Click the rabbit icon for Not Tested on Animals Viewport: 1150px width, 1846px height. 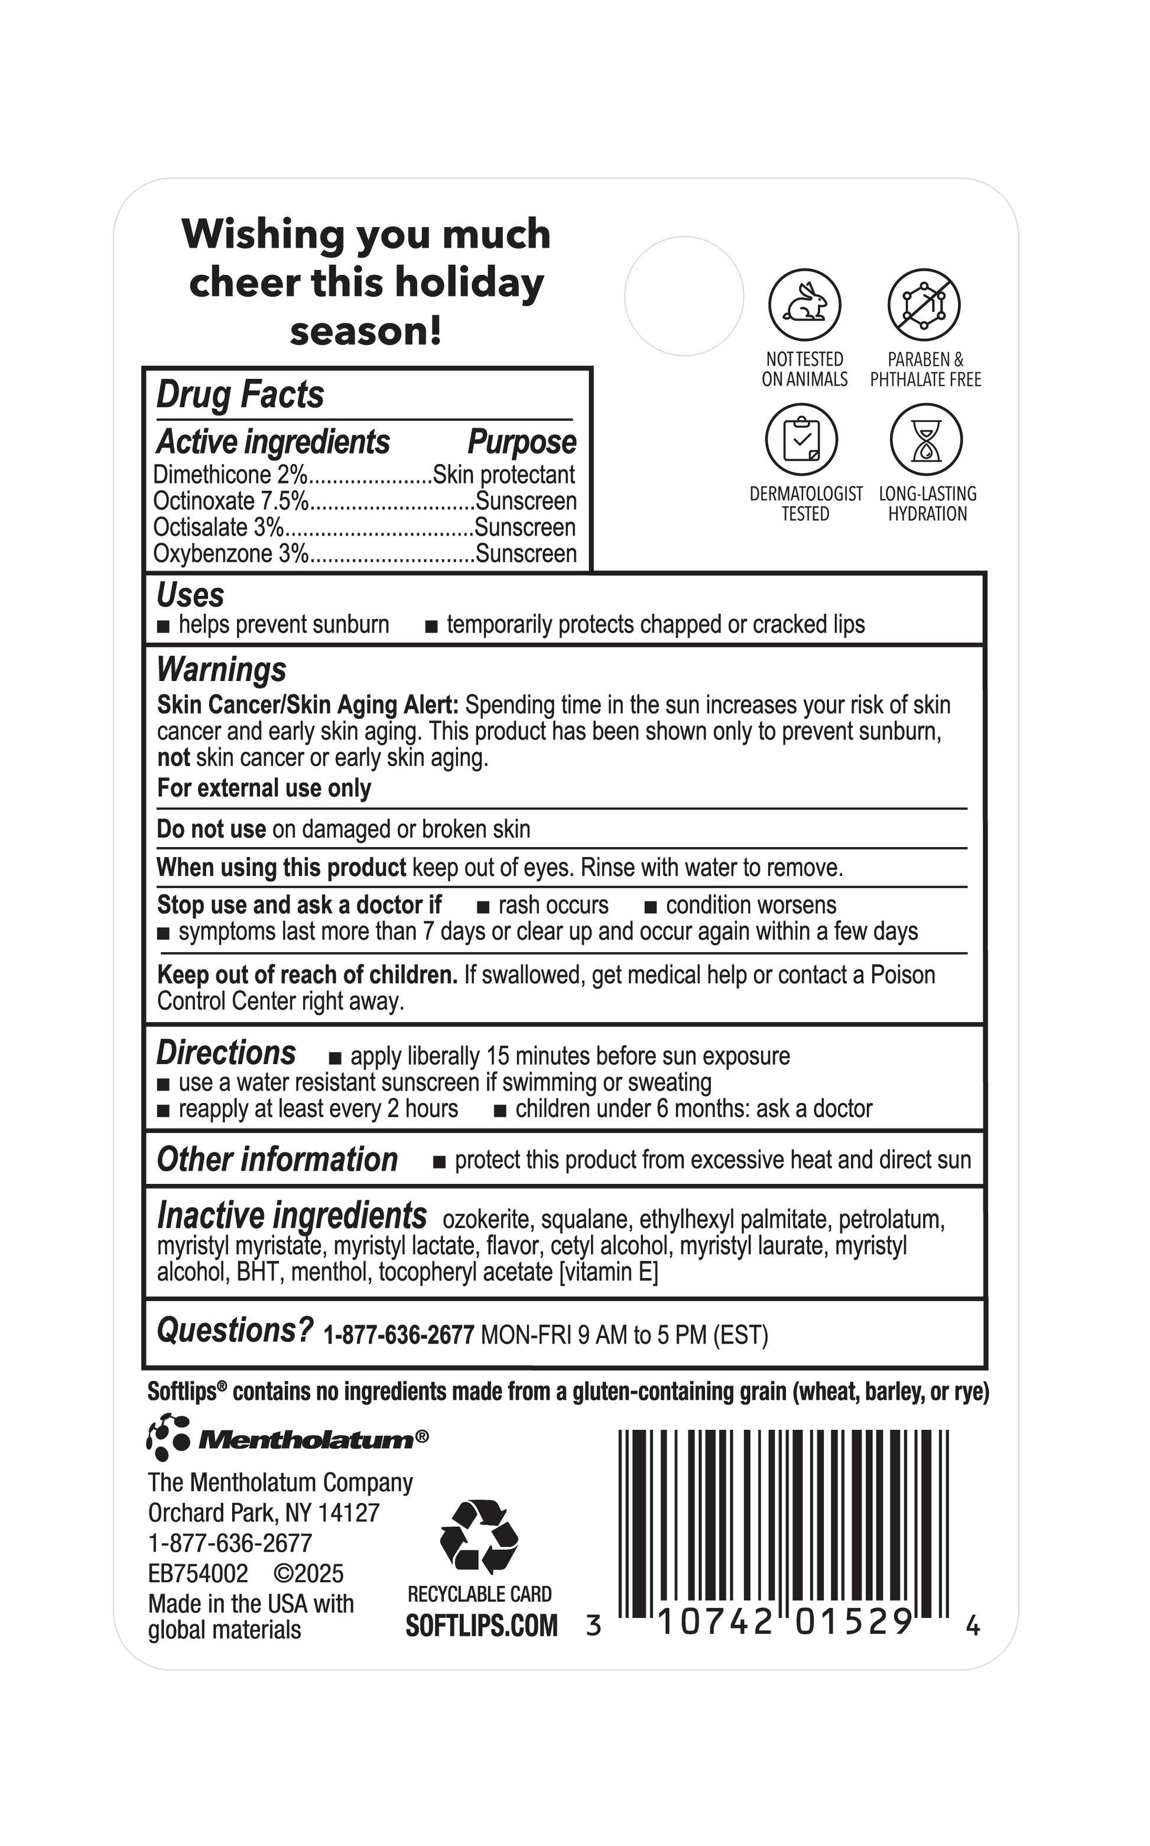tap(805, 305)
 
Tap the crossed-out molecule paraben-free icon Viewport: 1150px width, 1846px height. tap(924, 305)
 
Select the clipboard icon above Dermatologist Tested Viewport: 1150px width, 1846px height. tap(802, 440)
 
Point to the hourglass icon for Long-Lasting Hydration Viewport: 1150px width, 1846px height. tap(927, 440)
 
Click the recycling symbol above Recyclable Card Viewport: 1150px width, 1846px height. tap(479, 1536)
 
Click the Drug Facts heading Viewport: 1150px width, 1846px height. tap(241, 395)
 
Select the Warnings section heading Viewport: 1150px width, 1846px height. tap(222, 669)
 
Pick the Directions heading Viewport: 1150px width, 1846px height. tap(226, 1053)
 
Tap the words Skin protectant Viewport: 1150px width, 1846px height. tap(503, 475)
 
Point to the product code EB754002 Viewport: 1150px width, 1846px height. tap(199, 1573)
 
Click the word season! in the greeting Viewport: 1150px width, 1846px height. tap(366, 331)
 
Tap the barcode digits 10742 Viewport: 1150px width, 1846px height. tap(714, 1621)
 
